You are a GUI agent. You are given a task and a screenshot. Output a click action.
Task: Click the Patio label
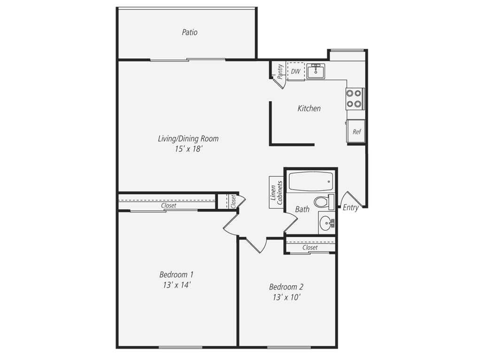[x=190, y=32]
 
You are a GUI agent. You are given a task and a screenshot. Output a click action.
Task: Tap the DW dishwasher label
[x=295, y=72]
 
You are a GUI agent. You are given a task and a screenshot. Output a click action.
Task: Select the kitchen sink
[x=316, y=71]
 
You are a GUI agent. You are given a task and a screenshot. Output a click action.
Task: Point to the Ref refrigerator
[x=357, y=132]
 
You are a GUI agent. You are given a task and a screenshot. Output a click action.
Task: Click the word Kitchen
[x=309, y=108]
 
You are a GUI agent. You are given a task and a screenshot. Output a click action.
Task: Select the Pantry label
[x=280, y=72]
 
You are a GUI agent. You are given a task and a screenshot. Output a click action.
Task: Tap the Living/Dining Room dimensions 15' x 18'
[x=189, y=149]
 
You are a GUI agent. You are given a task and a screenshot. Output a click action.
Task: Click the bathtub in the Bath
[x=311, y=181]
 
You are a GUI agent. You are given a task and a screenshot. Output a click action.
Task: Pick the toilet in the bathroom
[x=324, y=202]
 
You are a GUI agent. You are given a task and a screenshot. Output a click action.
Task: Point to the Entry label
[x=350, y=208]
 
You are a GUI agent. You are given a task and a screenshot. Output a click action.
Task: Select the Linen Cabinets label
[x=276, y=193]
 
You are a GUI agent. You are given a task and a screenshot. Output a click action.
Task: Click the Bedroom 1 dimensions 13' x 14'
[x=177, y=285]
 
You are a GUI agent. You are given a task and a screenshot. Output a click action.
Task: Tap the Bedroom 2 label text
[x=286, y=287]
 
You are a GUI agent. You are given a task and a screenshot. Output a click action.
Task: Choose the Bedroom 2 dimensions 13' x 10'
[x=286, y=297]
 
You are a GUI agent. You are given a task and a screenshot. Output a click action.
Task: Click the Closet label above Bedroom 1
[x=169, y=205]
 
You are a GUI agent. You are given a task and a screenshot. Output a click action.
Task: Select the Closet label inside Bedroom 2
[x=310, y=247]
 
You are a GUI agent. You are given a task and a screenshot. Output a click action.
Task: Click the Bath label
[x=302, y=210]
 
